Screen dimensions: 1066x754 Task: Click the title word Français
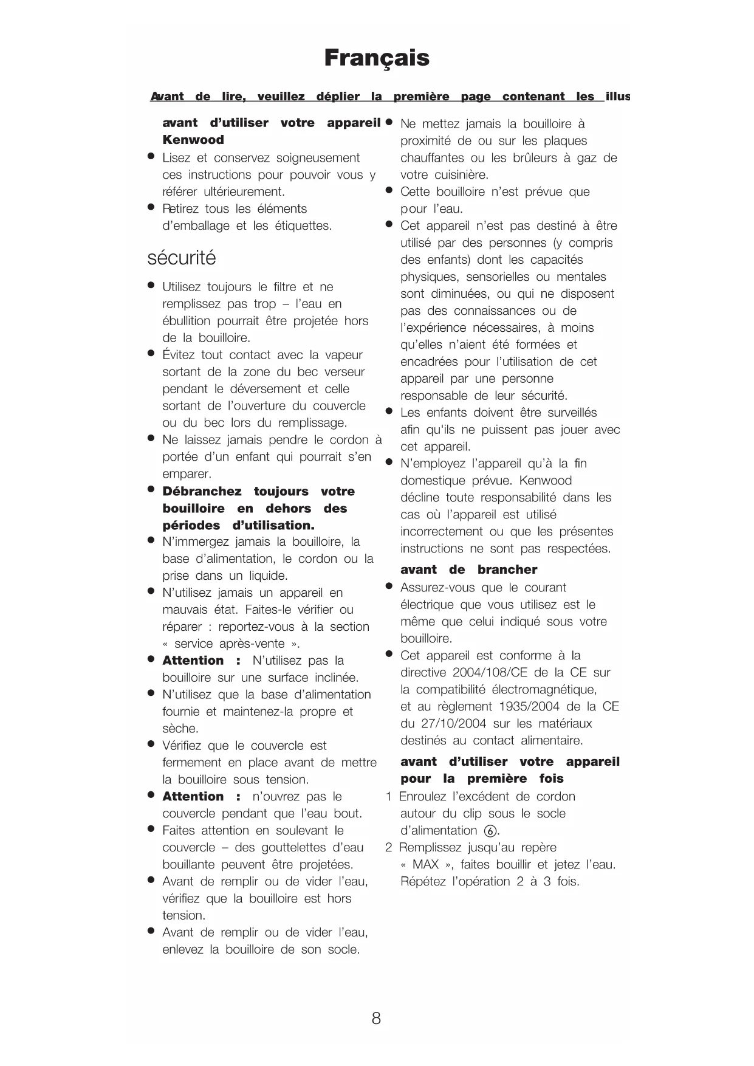[377, 58]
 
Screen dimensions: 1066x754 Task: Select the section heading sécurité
[182, 258]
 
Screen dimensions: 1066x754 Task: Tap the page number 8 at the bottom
[376, 1018]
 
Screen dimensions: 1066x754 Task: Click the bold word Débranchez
[201, 491]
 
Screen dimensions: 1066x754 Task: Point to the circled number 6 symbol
[490, 831]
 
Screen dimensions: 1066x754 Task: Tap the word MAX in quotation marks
[425, 864]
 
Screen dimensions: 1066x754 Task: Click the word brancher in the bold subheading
[507, 569]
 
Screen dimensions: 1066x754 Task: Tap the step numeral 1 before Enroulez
[389, 796]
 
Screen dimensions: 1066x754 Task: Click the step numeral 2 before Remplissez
[389, 847]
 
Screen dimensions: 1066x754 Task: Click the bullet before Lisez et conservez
[151, 157]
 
